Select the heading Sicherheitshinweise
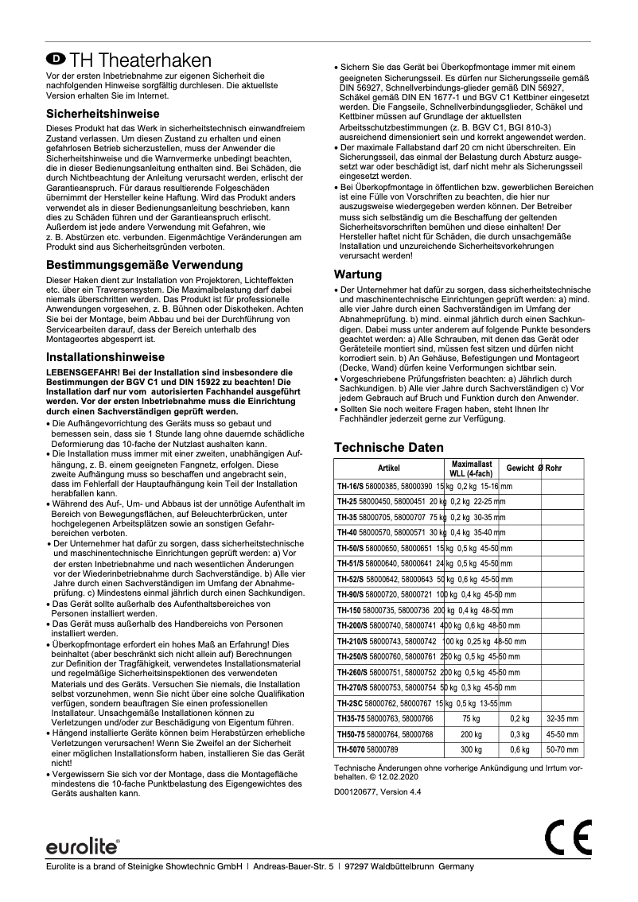(x=103, y=114)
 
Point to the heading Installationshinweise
(x=105, y=357)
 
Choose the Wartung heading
(x=357, y=274)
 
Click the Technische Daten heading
(x=388, y=448)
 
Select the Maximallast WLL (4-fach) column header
(x=471, y=468)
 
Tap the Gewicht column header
(x=519, y=468)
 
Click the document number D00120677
(x=363, y=791)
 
